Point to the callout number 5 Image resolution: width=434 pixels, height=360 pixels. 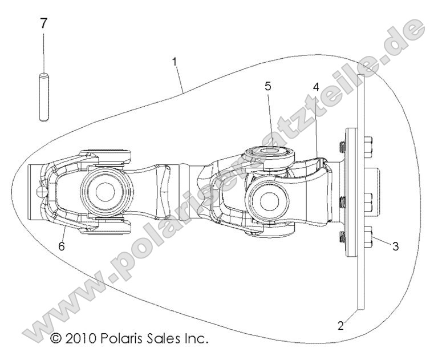[x=267, y=87]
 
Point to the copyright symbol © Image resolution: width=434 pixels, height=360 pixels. [x=56, y=339]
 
